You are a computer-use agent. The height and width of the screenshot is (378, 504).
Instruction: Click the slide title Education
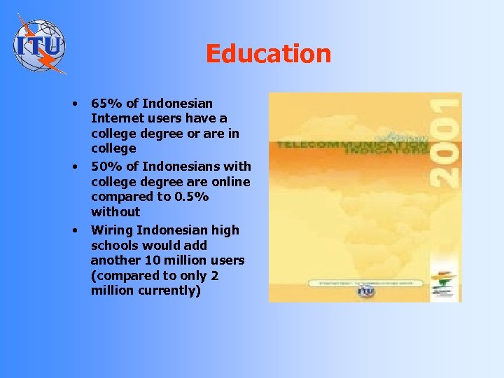coord(268,54)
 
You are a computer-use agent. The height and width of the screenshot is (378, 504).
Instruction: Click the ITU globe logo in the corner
coord(40,45)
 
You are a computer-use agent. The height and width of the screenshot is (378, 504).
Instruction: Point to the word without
coord(115,211)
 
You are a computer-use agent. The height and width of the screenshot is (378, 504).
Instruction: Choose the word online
coord(230,182)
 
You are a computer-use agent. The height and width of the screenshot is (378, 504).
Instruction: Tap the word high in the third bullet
coord(226,230)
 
